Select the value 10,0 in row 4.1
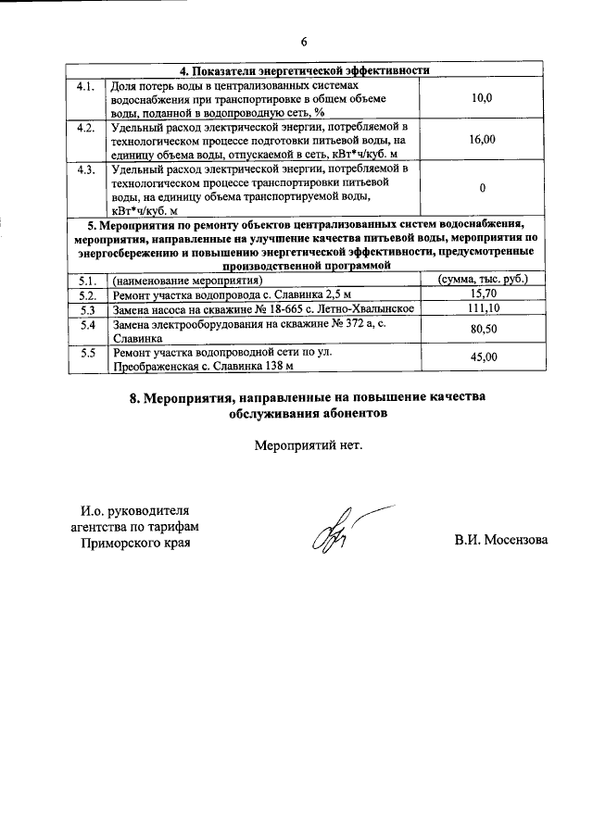tap(482, 96)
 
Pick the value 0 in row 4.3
tap(482, 189)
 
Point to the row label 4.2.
tap(86, 126)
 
